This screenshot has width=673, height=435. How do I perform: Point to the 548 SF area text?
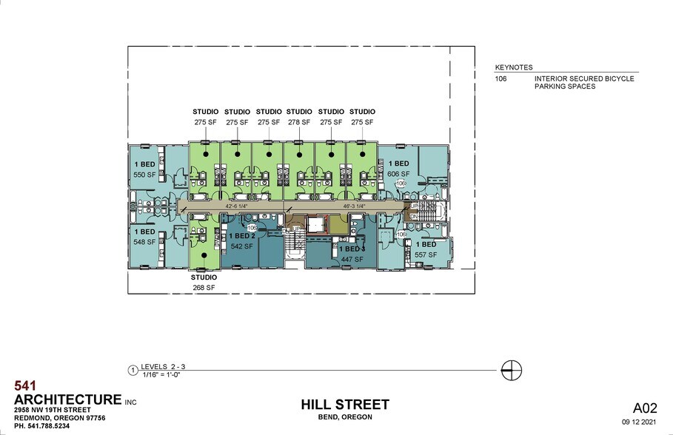coord(144,242)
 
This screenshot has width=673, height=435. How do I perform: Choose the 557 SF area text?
coord(426,254)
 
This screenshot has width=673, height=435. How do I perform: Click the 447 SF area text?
coord(352,260)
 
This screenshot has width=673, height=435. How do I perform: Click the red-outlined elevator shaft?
coord(316,225)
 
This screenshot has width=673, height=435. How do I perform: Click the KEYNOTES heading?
coord(514,67)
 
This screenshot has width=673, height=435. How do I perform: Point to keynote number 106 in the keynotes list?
coord(500,78)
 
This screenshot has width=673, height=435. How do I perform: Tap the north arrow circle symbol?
coord(512,369)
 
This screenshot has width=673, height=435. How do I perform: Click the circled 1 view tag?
coord(133,369)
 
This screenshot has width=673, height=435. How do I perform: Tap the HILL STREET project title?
coord(344,404)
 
